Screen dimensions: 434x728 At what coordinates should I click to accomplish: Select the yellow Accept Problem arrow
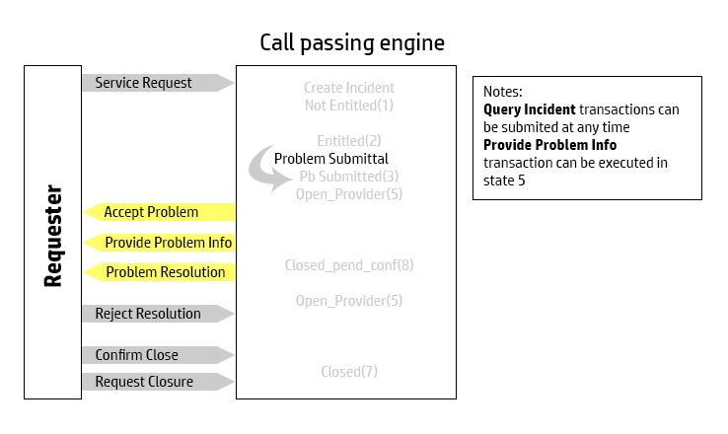pyautogui.click(x=158, y=212)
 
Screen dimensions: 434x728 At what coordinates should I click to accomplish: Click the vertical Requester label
pyautogui.click(x=53, y=235)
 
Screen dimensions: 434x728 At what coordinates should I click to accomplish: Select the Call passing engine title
pyautogui.click(x=351, y=43)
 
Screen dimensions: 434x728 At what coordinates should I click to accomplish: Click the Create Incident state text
pyautogui.click(x=348, y=88)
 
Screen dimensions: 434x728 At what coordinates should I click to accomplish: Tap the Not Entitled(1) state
pyautogui.click(x=348, y=105)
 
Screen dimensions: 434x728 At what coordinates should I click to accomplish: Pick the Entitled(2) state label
pyautogui.click(x=348, y=140)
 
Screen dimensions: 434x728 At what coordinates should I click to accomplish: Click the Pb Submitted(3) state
pyautogui.click(x=349, y=177)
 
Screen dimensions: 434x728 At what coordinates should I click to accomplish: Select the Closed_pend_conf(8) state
pyautogui.click(x=348, y=265)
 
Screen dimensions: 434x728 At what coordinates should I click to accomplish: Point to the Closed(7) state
pyautogui.click(x=348, y=372)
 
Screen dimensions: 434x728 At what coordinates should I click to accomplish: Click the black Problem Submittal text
pyautogui.click(x=330, y=158)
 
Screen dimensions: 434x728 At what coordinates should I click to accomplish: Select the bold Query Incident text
pyautogui.click(x=530, y=109)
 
